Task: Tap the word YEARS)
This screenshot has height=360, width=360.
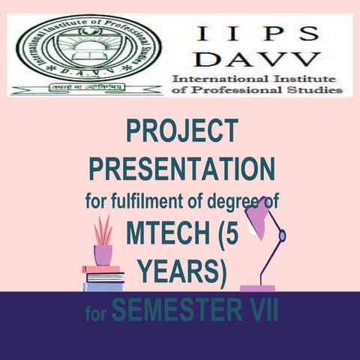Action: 181,269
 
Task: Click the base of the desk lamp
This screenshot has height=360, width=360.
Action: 257,288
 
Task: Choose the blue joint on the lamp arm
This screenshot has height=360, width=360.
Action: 282,236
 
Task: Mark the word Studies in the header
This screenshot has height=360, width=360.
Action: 315,91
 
